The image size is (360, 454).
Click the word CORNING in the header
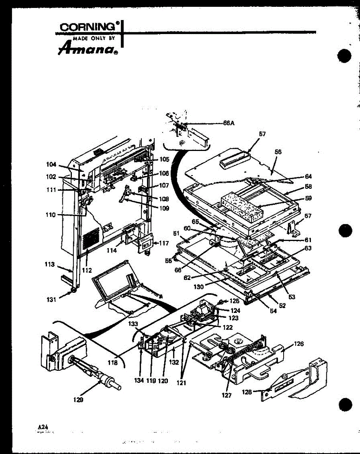pyautogui.click(x=88, y=27)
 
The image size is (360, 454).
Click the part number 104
pyautogui.click(x=51, y=165)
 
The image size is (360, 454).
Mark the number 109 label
pyautogui.click(x=164, y=208)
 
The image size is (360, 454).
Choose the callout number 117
pyautogui.click(x=163, y=244)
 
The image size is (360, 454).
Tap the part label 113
pyautogui.click(x=49, y=264)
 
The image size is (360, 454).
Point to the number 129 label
pyautogui.click(x=79, y=399)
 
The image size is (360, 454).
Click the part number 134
pyautogui.click(x=139, y=380)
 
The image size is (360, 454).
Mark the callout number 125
pyautogui.click(x=235, y=301)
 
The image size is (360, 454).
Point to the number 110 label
pyautogui.click(x=50, y=215)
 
